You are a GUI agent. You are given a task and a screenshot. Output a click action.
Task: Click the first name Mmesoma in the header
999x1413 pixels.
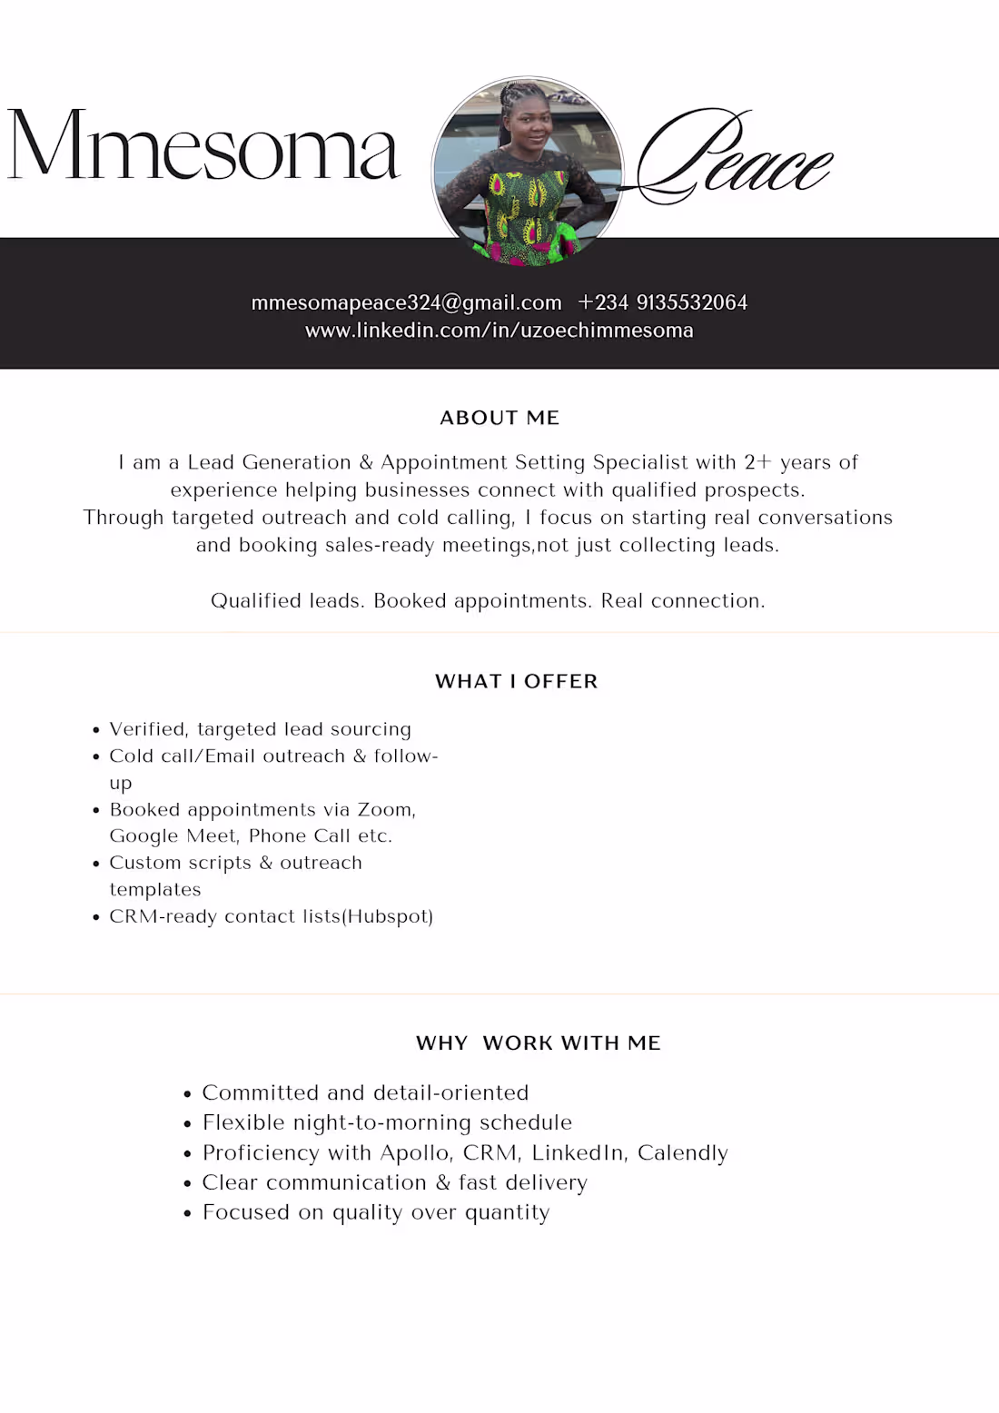(203, 145)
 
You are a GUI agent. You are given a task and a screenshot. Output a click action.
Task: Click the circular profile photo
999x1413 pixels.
(528, 171)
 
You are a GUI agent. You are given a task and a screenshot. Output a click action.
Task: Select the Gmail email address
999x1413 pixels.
(406, 302)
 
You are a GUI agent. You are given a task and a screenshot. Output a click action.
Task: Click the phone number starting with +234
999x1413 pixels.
(662, 302)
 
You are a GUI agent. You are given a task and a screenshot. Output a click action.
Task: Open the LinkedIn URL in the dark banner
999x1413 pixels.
(499, 331)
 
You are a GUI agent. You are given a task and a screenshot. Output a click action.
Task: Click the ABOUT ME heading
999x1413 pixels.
(499, 418)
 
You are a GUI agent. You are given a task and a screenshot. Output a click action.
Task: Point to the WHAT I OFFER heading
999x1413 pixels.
(516, 681)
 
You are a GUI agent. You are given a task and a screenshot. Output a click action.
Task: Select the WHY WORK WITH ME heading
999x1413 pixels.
(538, 1042)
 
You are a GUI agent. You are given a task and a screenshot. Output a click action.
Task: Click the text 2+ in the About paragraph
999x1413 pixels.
(757, 462)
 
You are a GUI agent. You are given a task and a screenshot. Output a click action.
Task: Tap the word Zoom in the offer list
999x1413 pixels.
(385, 809)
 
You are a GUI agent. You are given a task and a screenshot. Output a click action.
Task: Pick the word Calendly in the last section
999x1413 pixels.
(682, 1153)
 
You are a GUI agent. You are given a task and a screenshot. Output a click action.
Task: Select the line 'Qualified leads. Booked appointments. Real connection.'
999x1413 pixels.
(488, 600)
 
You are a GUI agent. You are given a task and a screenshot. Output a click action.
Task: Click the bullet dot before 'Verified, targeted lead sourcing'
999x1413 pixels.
(96, 730)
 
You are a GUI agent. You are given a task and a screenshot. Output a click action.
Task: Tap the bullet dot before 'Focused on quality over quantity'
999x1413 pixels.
(187, 1213)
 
